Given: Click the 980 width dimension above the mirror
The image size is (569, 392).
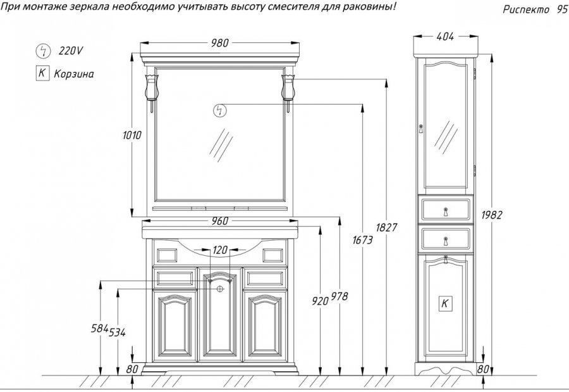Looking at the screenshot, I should pos(219,43).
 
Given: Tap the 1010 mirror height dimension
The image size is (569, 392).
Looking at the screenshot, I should pos(133,135).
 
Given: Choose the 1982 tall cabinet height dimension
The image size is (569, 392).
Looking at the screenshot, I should pos(491,215).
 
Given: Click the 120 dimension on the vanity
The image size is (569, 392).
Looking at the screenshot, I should pos(219,250).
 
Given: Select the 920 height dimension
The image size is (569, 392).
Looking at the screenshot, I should pos(321,301).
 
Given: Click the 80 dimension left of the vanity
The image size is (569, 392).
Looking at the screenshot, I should pos(132,369).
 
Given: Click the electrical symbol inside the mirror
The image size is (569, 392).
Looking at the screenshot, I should pos(219,110).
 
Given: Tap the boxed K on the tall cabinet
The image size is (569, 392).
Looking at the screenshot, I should pos(445,303).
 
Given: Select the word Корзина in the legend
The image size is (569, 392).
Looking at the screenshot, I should pos(73,73).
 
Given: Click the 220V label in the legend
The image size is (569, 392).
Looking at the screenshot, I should pos(70,49).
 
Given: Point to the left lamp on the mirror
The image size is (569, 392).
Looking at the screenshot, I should pos(152,87).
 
